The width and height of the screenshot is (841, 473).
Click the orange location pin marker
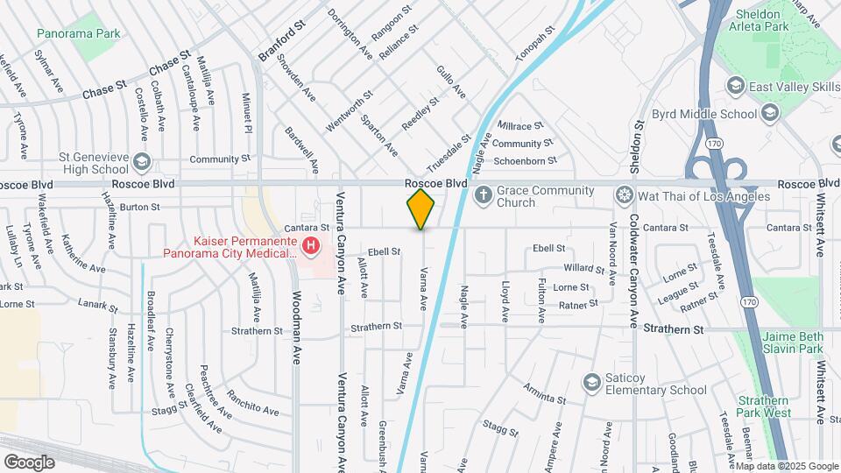pyautogui.click(x=421, y=208)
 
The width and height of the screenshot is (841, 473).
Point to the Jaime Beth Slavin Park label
pyautogui.click(x=792, y=342)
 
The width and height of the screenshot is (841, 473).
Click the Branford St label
pyautogui.click(x=279, y=41)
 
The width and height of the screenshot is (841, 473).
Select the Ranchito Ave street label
pyautogui.click(x=251, y=403)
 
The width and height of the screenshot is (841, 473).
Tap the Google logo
pyautogui.click(x=29, y=462)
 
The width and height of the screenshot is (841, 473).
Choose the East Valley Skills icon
pyautogui.click(x=734, y=86)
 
